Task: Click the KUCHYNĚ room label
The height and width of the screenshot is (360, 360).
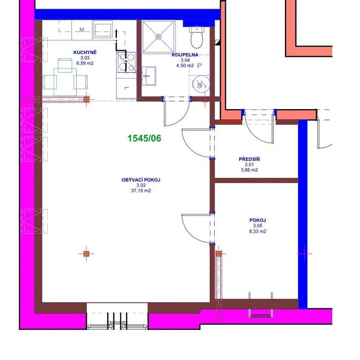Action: [x=85, y=52]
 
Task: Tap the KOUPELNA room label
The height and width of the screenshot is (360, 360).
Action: [x=185, y=55]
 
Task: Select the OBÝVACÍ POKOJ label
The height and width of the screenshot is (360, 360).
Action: [x=141, y=180]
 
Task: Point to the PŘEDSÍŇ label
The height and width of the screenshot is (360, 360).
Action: [x=249, y=159]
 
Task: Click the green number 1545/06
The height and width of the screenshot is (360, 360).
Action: [x=144, y=138]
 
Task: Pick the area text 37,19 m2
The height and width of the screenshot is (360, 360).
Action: [x=141, y=190]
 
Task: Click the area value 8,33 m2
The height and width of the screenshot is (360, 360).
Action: [x=258, y=231]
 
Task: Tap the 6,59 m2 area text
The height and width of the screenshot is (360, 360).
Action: [x=85, y=63]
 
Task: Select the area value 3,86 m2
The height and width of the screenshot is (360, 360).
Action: [x=249, y=170]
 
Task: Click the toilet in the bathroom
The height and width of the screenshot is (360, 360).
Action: [x=197, y=37]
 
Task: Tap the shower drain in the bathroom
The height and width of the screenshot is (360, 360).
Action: [x=158, y=37]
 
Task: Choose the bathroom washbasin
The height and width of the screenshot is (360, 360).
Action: [x=149, y=76]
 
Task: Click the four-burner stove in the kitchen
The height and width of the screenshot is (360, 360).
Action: [x=126, y=62]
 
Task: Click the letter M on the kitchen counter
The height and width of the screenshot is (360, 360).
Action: [x=82, y=30]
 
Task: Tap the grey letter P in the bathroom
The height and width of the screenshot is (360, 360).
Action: [x=199, y=66]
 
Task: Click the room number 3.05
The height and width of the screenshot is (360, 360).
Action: [x=258, y=226]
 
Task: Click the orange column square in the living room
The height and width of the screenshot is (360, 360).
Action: [x=86, y=254]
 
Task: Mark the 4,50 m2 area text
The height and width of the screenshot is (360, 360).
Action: [x=185, y=66]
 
